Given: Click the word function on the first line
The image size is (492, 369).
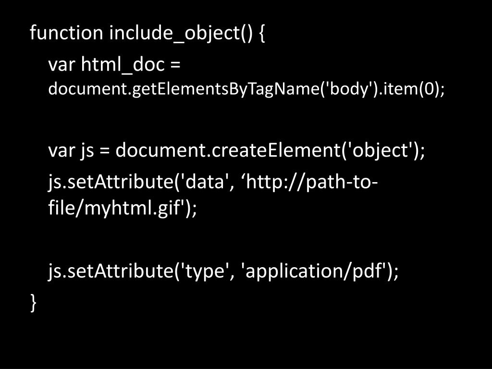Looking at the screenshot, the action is click(x=66, y=33).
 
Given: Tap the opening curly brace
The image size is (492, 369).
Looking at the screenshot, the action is click(x=261, y=34).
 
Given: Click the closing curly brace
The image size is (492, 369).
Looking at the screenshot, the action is click(x=33, y=302).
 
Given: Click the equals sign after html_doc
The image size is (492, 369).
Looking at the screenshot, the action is click(x=174, y=64).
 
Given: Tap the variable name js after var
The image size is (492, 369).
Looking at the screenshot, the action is click(x=86, y=151).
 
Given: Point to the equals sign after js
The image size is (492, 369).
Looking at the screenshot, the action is click(x=105, y=151).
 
